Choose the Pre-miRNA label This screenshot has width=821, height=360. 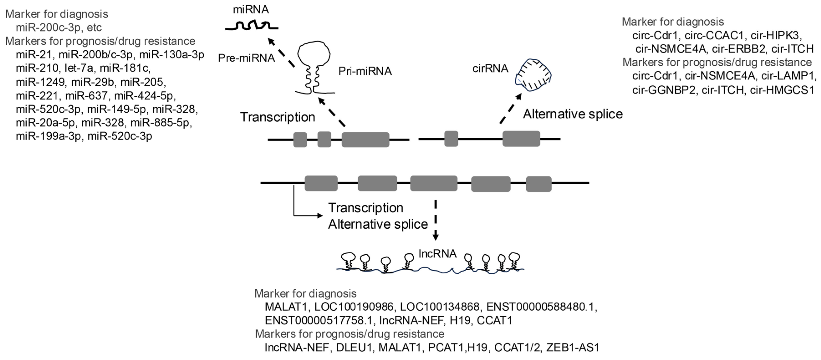(246, 58)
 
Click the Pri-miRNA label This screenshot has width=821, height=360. (365, 71)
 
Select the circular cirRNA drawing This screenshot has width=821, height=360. (534, 76)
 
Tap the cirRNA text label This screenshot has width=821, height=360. (490, 69)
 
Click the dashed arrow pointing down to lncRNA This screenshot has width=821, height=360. (435, 220)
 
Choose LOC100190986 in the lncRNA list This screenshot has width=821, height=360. (354, 307)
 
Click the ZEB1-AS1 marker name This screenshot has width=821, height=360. (573, 347)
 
